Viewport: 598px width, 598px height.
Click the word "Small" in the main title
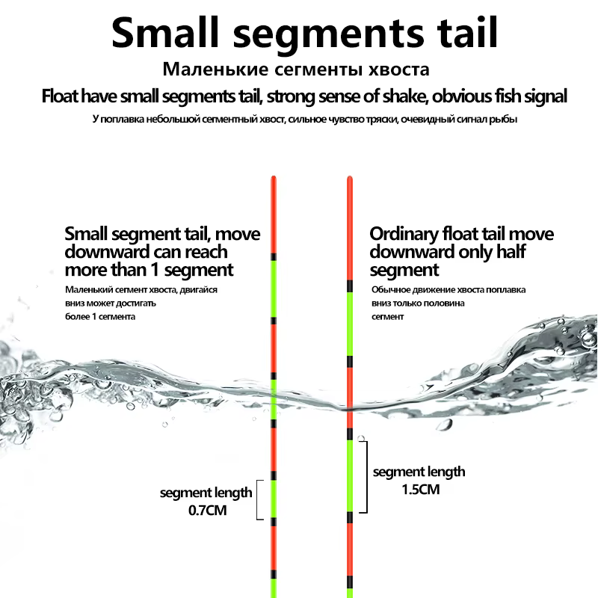point(165,33)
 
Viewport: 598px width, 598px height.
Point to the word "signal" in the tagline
point(546,96)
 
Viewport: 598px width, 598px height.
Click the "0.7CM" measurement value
point(208,511)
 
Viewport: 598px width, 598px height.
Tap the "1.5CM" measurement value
point(421,490)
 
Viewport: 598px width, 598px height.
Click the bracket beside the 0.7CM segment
point(258,499)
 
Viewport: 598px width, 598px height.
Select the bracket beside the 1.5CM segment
point(366,477)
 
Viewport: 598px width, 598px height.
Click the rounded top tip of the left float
point(274,177)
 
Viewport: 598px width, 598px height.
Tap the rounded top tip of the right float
point(350,177)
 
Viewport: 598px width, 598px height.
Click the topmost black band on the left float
point(274,256)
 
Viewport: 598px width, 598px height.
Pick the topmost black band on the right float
point(350,286)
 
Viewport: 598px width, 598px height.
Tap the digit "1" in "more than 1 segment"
point(155,270)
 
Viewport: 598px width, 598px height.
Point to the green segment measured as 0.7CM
point(274,499)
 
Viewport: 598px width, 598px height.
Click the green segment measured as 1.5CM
point(350,476)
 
